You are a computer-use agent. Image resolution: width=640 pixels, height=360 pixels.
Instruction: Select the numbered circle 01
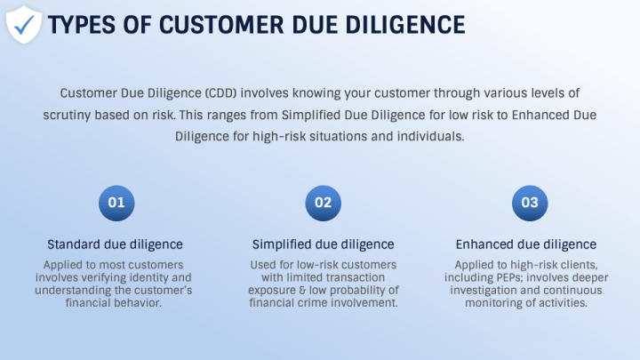pyautogui.click(x=116, y=203)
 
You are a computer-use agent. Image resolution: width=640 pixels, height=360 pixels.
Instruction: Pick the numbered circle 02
pyautogui.click(x=323, y=203)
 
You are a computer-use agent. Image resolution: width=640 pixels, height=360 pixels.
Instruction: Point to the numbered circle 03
pyautogui.click(x=530, y=203)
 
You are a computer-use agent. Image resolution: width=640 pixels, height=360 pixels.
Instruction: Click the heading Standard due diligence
pyautogui.click(x=116, y=244)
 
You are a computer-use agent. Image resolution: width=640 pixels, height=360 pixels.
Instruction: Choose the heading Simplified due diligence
pyautogui.click(x=323, y=244)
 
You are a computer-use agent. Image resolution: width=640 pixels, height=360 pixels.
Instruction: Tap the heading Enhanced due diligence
pyautogui.click(x=526, y=244)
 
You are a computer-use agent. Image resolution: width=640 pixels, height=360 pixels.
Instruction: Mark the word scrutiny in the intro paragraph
pyautogui.click(x=71, y=116)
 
